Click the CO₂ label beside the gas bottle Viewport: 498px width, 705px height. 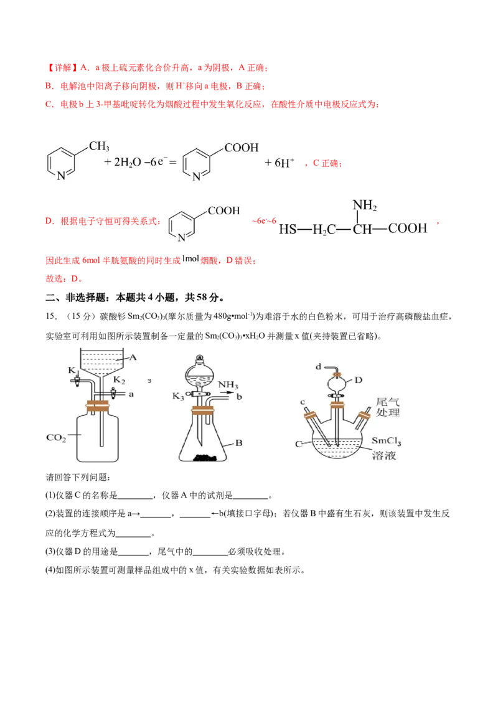click(x=56, y=438)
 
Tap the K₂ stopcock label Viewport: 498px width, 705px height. click(x=119, y=380)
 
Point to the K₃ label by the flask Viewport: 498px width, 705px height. click(x=178, y=396)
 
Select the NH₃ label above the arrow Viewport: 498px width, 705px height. click(x=228, y=385)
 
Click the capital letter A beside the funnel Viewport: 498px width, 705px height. click(x=133, y=357)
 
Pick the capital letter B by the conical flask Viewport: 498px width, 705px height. click(x=238, y=443)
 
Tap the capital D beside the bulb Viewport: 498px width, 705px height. click(x=358, y=380)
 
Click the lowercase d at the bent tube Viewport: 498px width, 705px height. click(x=318, y=367)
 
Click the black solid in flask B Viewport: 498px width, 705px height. click(x=206, y=458)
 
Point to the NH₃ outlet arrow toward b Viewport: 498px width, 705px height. click(x=227, y=392)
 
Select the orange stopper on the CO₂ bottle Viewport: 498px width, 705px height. click(x=98, y=405)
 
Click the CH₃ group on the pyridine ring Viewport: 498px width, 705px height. click(x=99, y=146)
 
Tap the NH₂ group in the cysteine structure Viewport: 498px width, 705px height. click(x=365, y=206)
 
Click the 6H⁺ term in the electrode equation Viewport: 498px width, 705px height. click(x=279, y=163)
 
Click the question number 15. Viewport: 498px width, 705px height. click(x=51, y=316)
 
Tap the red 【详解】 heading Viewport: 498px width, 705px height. click(x=62, y=68)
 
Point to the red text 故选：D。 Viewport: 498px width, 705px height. click(x=64, y=279)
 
